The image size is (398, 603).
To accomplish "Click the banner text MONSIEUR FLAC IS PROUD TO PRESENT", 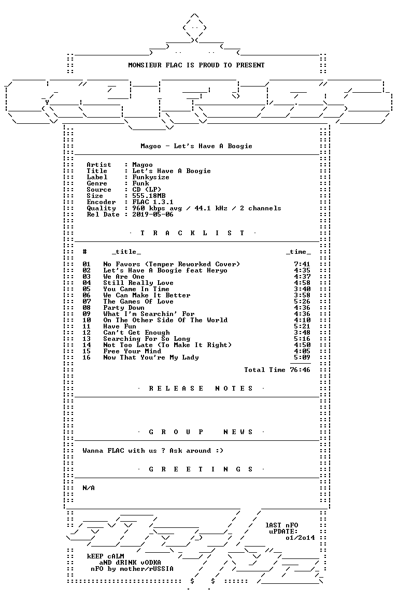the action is tap(196, 65).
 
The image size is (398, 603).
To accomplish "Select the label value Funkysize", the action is tap(151, 177).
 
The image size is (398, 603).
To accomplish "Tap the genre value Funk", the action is tap(140, 183).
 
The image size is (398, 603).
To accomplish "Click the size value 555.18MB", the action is tap(149, 196).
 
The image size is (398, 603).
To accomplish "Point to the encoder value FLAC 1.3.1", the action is tap(153, 202).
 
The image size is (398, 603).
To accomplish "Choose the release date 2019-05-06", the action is tap(153, 214).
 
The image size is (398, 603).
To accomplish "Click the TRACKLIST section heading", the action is tap(192, 233).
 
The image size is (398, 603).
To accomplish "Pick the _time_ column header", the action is tap(298, 252).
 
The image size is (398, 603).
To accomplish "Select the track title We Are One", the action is tap(123, 277).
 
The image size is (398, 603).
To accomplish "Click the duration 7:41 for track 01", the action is tap(302, 264).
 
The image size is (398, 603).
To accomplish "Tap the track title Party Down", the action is tap(123, 308).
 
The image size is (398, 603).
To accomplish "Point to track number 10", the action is tap(87, 320).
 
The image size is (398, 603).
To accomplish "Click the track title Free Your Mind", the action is tap(132, 351).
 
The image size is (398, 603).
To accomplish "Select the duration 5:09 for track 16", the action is tap(302, 357).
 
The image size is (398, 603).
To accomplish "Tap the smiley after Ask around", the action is tap(219, 451).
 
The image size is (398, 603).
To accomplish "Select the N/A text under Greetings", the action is tap(89, 488).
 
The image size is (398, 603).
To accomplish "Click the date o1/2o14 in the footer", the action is tap(300, 538).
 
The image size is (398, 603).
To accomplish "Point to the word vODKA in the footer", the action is tap(148, 563).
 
